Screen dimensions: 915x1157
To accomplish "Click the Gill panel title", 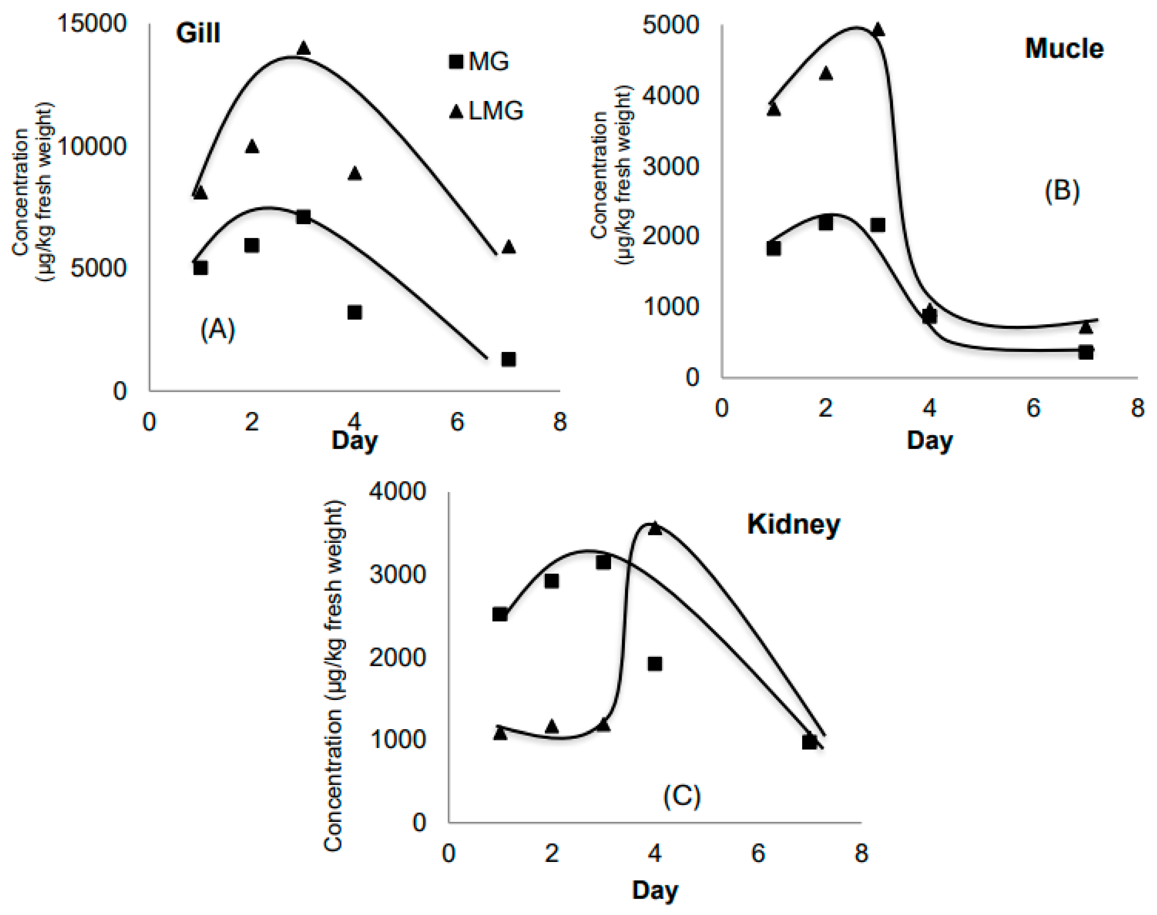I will [198, 34].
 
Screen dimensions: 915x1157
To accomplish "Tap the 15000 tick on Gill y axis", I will [91, 24].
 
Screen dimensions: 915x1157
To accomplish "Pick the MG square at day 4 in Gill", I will [354, 312].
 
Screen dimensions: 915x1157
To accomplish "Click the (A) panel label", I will [218, 329].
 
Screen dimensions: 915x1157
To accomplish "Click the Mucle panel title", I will [1064, 49].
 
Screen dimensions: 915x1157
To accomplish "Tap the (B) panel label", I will [1062, 190].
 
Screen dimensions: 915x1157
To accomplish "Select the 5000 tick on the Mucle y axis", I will [670, 25].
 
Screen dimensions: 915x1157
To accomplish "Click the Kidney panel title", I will [793, 524].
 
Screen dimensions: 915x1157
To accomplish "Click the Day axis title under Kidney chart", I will [655, 890].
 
